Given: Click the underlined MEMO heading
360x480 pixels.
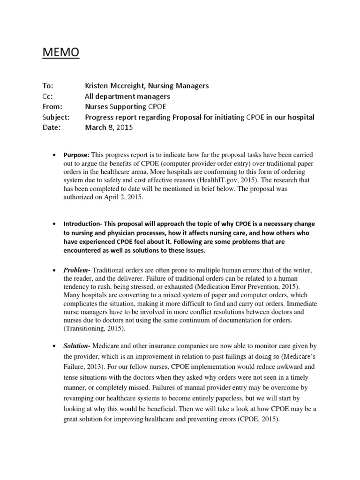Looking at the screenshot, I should click(61, 52).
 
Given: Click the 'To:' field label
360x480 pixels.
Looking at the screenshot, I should click(49, 86).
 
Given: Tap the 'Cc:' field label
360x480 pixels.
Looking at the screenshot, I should click(48, 96).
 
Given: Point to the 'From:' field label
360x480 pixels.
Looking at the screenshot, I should click(52, 106).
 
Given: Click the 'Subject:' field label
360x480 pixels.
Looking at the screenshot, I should click(55, 117).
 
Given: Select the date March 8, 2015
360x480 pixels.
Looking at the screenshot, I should click(109, 127).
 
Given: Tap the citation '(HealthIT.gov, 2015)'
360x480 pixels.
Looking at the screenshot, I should click(214, 180).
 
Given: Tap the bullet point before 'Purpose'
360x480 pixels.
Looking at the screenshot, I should click(55, 155).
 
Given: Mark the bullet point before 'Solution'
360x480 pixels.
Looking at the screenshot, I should click(55, 346).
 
